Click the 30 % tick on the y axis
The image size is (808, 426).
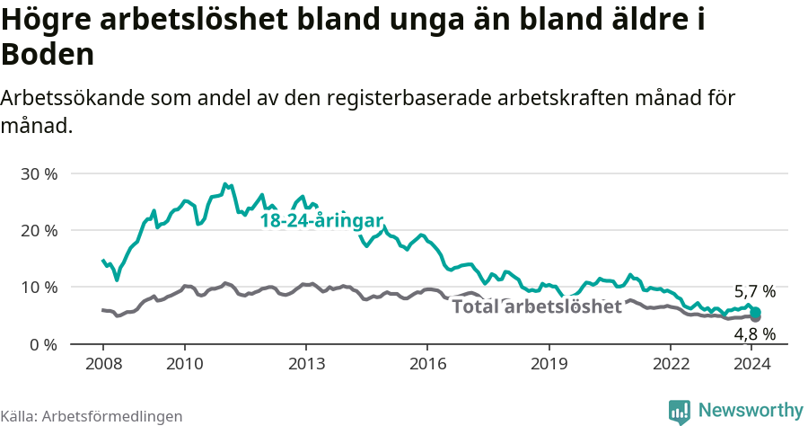38,173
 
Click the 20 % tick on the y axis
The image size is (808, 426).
38,230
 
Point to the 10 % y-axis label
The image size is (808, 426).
38,288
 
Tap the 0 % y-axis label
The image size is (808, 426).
42,344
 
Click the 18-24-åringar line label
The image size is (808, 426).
321,221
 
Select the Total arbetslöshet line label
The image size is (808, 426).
536,307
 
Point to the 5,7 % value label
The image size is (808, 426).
754,292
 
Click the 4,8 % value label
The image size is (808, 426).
754,334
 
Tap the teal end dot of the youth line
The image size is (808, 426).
756,312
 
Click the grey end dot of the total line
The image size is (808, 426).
756,317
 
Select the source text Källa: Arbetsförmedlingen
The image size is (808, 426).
92,416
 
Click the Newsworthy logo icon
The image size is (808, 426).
680,411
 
